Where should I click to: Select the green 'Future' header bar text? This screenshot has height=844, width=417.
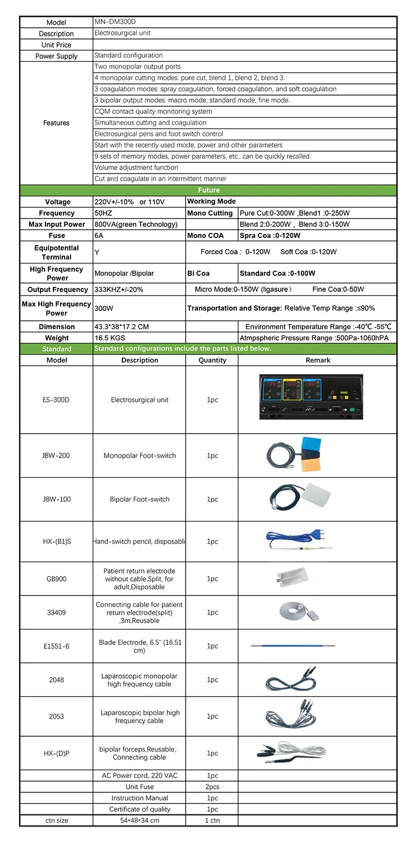[x=209, y=190]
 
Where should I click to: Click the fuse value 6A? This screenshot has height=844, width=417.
[x=100, y=236]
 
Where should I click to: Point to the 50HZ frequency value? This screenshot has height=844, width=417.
[x=103, y=213]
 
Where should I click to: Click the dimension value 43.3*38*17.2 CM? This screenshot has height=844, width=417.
[x=121, y=326]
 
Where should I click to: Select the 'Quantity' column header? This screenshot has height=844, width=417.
[x=212, y=360]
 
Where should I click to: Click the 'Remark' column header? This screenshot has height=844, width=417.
[x=317, y=360]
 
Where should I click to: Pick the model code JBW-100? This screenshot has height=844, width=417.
[x=57, y=499]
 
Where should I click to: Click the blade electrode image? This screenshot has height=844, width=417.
[x=300, y=646]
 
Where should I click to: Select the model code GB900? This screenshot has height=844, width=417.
[x=57, y=579]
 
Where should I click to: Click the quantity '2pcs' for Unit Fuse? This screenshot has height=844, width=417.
[x=212, y=787]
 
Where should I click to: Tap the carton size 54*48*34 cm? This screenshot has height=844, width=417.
[x=140, y=820]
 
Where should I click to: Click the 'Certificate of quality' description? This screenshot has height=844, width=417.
[x=140, y=809]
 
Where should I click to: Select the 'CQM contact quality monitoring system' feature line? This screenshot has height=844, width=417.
[x=153, y=111]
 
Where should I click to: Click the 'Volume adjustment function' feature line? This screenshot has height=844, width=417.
[x=136, y=167]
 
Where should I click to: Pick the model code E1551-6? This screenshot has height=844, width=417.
[x=57, y=646]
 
